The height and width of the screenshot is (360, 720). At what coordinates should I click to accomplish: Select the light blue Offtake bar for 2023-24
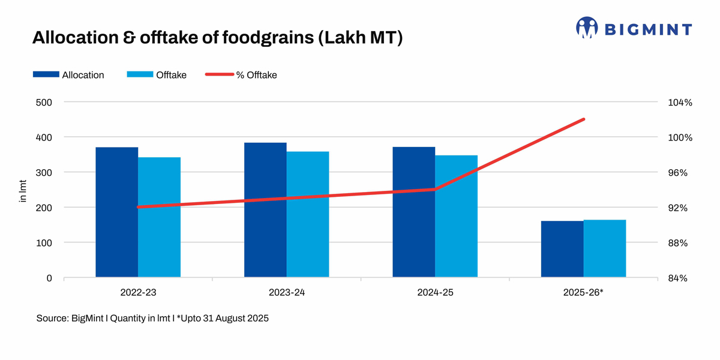308,214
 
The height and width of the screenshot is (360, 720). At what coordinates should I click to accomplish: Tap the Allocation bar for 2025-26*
562,249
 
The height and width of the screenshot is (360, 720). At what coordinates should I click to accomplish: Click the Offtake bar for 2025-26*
605,248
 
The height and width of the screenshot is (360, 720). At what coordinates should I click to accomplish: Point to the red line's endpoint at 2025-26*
584,119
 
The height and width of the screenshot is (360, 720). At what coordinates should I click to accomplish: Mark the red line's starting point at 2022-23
138,207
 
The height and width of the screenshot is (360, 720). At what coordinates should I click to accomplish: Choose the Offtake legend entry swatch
140,75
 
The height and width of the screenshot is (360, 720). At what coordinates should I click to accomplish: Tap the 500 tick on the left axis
45,102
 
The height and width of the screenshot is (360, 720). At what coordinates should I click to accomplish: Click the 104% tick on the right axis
680,103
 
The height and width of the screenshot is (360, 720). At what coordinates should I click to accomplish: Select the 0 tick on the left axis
50,278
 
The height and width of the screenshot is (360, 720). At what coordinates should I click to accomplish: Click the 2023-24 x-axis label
286,293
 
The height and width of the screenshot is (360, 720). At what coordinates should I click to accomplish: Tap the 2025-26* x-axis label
583,293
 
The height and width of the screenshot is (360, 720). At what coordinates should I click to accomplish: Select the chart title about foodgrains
217,38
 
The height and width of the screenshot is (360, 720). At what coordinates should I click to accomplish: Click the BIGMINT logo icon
587,28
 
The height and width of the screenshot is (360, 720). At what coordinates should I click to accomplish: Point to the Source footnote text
152,319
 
